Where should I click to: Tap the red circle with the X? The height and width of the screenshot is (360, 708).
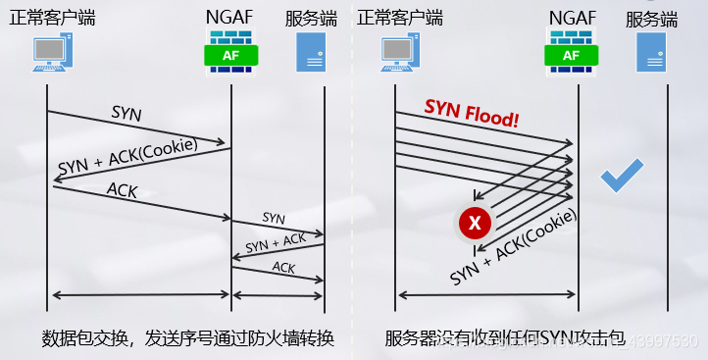point(475,224)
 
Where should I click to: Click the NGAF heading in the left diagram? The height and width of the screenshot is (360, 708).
point(230,18)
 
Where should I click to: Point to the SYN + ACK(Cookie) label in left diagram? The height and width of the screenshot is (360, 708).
point(127,155)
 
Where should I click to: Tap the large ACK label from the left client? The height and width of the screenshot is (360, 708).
point(123,189)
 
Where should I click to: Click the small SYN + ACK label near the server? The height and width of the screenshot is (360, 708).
point(276,242)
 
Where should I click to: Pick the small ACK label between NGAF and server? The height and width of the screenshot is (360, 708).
point(283,267)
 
